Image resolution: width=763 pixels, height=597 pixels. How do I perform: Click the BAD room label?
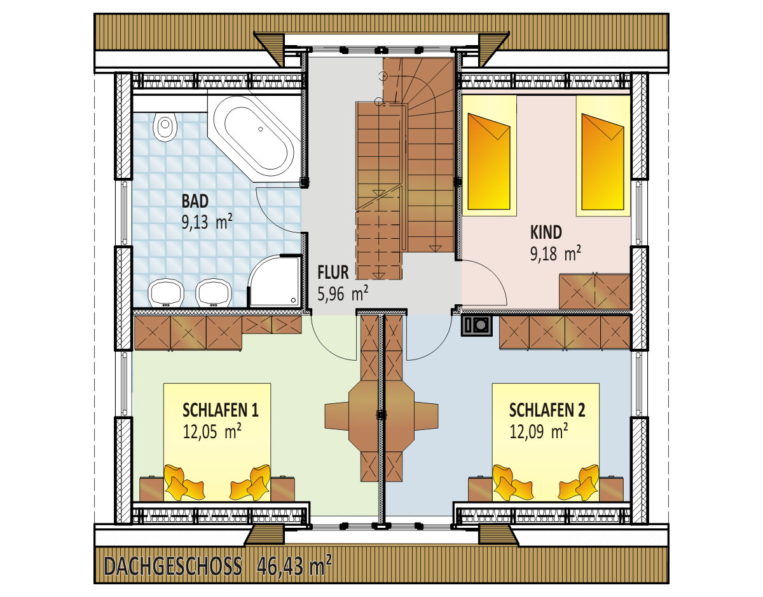[195, 201]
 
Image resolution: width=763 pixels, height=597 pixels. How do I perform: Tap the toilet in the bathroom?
[165, 126]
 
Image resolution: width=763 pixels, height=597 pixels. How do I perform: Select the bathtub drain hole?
[261, 129]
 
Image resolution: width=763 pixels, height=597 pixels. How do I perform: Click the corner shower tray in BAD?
[274, 281]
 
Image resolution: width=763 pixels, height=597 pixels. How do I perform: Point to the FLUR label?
[333, 272]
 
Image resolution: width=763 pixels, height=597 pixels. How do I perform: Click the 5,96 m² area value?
[343, 293]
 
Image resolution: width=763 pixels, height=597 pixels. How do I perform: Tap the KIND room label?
[546, 232]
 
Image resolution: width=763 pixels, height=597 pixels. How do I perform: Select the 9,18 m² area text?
[556, 253]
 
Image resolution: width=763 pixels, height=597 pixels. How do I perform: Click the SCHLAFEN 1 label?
[221, 410]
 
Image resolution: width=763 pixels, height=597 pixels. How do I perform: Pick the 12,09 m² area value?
[539, 431]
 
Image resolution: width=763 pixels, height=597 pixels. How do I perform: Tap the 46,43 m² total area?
[294, 565]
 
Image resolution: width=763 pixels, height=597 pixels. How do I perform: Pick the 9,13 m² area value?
[207, 222]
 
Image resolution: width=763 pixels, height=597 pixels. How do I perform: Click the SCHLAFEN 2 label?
[547, 410]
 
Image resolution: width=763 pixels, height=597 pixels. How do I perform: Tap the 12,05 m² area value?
[212, 431]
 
